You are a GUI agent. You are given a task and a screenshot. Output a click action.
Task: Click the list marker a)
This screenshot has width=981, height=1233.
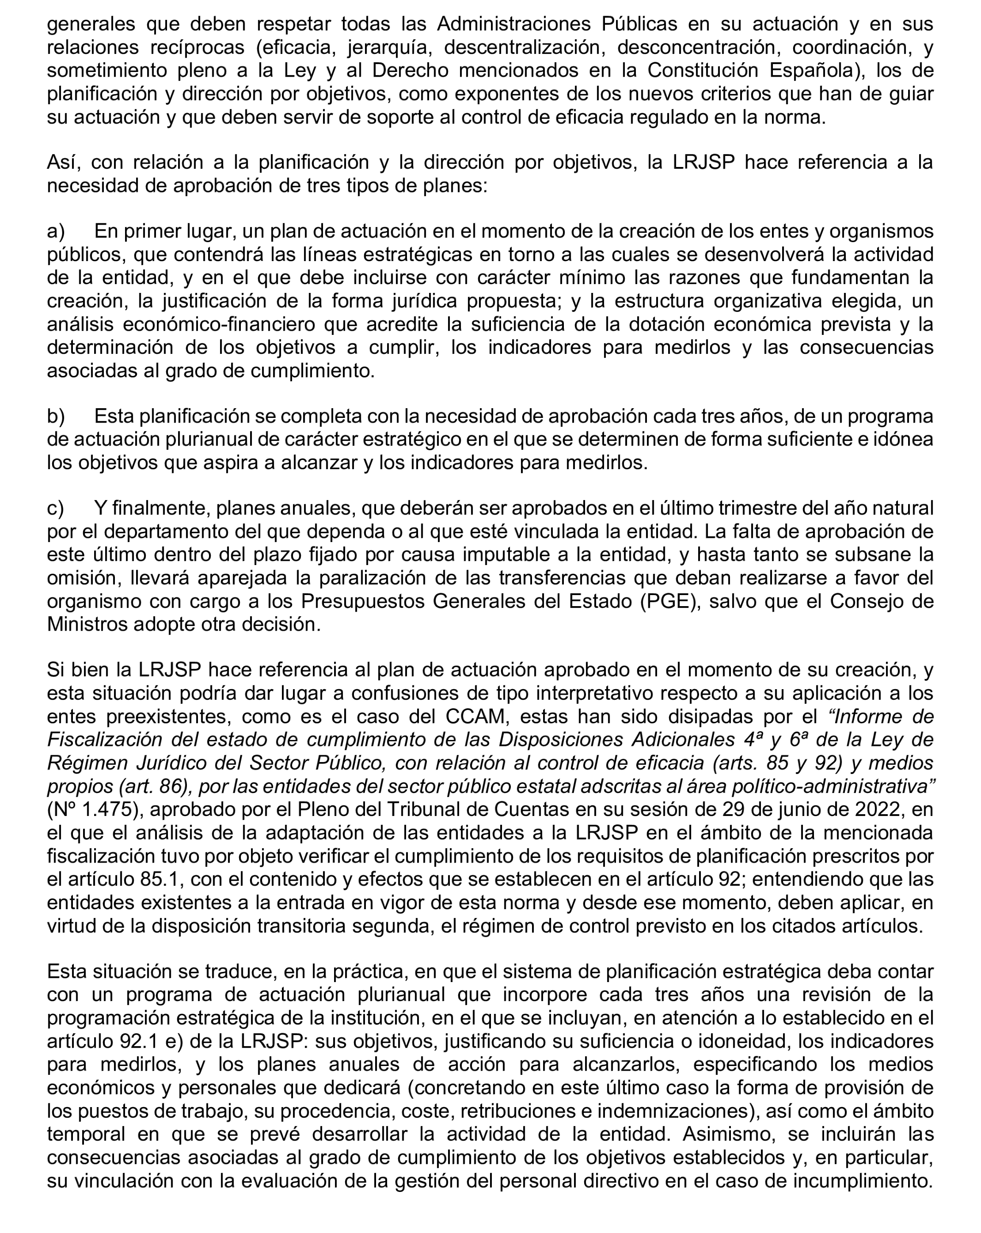[x=55, y=232]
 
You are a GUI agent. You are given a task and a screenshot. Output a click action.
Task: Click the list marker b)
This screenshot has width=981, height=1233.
[x=56, y=417]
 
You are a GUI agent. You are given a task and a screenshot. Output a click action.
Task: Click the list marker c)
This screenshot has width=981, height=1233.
[x=55, y=508]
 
